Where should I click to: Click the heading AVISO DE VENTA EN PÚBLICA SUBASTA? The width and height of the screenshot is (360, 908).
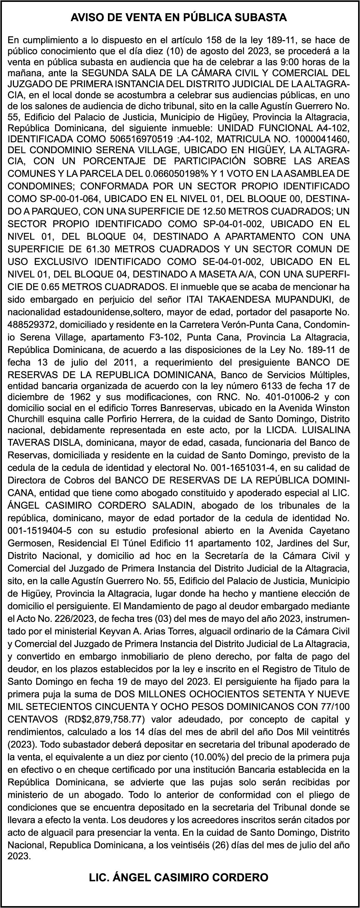coord(180,18)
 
